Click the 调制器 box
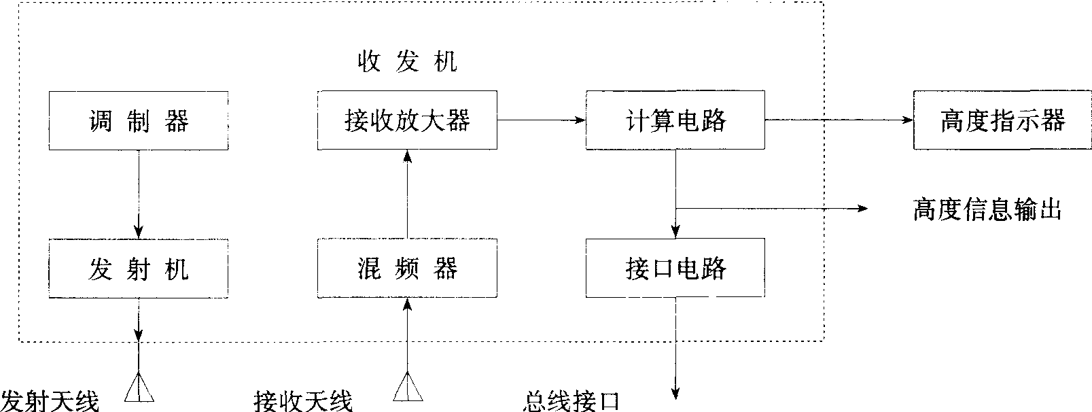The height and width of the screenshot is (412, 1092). click(139, 121)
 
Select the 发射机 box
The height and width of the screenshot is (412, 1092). click(139, 269)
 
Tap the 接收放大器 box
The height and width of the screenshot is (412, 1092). click(407, 121)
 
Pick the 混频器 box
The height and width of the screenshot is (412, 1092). click(407, 269)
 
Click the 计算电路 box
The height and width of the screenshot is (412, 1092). click(675, 121)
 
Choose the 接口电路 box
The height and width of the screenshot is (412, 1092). click(675, 269)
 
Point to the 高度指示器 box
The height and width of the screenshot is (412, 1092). click(1002, 121)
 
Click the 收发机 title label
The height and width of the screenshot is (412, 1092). click(407, 62)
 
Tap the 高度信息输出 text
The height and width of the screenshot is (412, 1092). click(987, 209)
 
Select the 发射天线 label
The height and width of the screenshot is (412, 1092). click(50, 400)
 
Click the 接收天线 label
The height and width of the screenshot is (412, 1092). click(303, 400)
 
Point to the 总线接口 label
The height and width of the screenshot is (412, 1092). click(571, 400)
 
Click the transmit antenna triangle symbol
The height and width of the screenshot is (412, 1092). click(139, 388)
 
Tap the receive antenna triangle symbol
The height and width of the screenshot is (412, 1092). click(407, 388)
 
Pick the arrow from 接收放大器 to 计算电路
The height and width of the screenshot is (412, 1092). click(541, 120)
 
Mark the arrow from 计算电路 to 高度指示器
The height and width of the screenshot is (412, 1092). click(839, 120)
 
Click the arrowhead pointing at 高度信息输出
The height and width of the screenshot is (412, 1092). click(864, 208)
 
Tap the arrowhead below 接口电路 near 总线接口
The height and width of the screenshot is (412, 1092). click(675, 392)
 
